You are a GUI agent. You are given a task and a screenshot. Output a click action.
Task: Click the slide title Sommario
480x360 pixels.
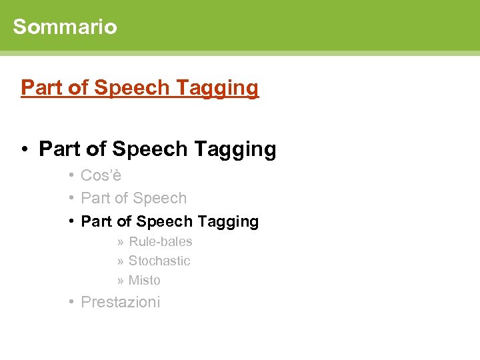pos(65,27)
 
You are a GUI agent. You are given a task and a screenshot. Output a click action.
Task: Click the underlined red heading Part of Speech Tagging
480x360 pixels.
pos(139,87)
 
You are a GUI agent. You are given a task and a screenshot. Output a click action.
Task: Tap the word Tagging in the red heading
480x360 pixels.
pos(226,87)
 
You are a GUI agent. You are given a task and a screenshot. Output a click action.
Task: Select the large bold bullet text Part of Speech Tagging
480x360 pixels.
pos(157,149)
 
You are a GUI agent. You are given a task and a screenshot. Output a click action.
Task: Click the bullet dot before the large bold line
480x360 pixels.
pos(23,149)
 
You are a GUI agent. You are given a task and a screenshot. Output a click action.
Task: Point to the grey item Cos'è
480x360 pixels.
pos(101,175)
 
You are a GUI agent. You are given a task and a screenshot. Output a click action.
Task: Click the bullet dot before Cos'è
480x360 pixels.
pos(70,175)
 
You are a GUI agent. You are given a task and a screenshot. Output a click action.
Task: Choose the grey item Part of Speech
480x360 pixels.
pos(133,198)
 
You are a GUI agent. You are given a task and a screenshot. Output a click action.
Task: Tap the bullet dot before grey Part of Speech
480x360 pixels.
pos(70,198)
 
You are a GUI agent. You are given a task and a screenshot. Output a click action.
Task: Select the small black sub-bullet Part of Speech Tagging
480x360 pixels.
pos(169,221)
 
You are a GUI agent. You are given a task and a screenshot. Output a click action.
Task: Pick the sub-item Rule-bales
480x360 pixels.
pos(160,241)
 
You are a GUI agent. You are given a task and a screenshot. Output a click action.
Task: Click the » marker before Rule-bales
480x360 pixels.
pos(120,241)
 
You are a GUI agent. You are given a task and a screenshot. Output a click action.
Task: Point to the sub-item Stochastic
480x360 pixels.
pos(159,261)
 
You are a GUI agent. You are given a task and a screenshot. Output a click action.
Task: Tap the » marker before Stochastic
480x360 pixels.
pos(120,261)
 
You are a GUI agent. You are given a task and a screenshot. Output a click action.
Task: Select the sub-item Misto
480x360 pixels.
pos(144,280)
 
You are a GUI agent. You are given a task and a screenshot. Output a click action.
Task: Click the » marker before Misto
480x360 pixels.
pos(120,280)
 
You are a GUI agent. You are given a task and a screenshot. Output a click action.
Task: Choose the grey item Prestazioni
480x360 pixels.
pos(120,302)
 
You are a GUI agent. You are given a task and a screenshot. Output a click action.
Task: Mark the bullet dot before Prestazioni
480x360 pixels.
pos(70,302)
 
